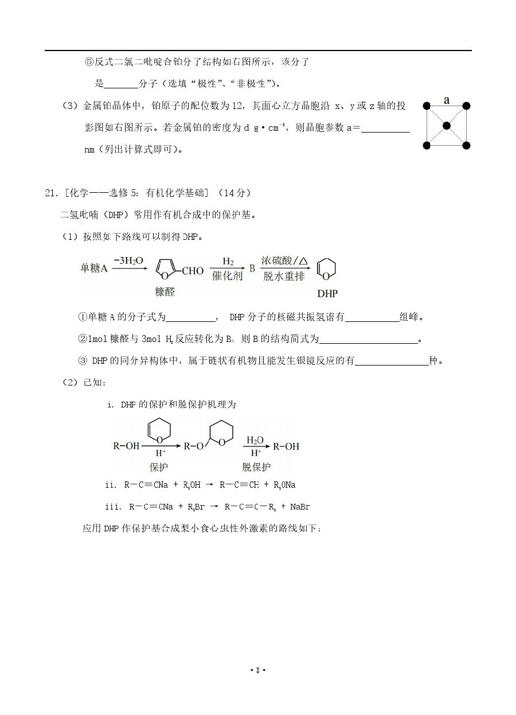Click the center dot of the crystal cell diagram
coord(447,125)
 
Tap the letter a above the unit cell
coord(447,101)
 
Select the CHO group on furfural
coord(193,271)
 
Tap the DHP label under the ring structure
coord(327,293)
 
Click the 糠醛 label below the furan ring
coord(165,291)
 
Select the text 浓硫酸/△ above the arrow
coord(285,261)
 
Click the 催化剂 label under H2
coord(228,276)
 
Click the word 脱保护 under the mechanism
coord(256,467)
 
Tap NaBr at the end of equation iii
coord(300,507)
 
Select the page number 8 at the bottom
coord(258,670)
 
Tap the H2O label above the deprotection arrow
coord(255,440)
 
